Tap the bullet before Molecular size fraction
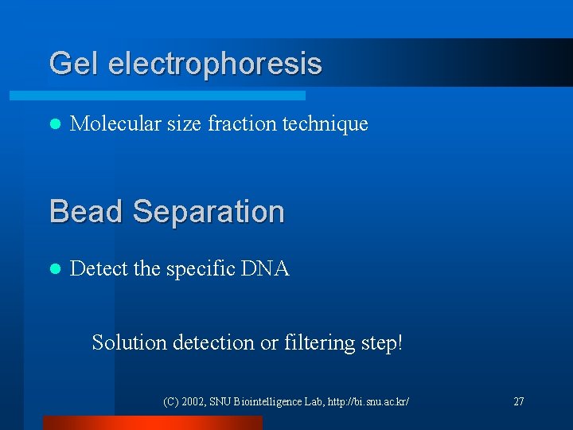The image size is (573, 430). point(54,124)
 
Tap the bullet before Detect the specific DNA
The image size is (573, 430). point(54,270)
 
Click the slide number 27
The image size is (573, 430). point(518,401)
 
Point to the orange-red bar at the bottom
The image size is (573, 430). point(152,423)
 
